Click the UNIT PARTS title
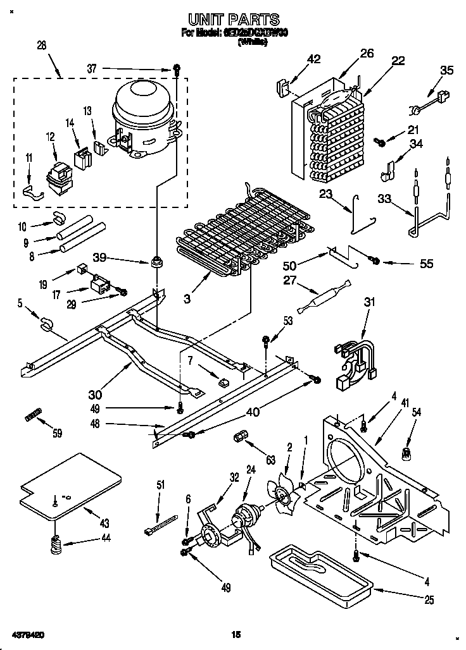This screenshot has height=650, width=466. [234, 20]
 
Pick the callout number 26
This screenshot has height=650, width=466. [367, 54]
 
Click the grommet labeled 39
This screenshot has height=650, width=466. [154, 261]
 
